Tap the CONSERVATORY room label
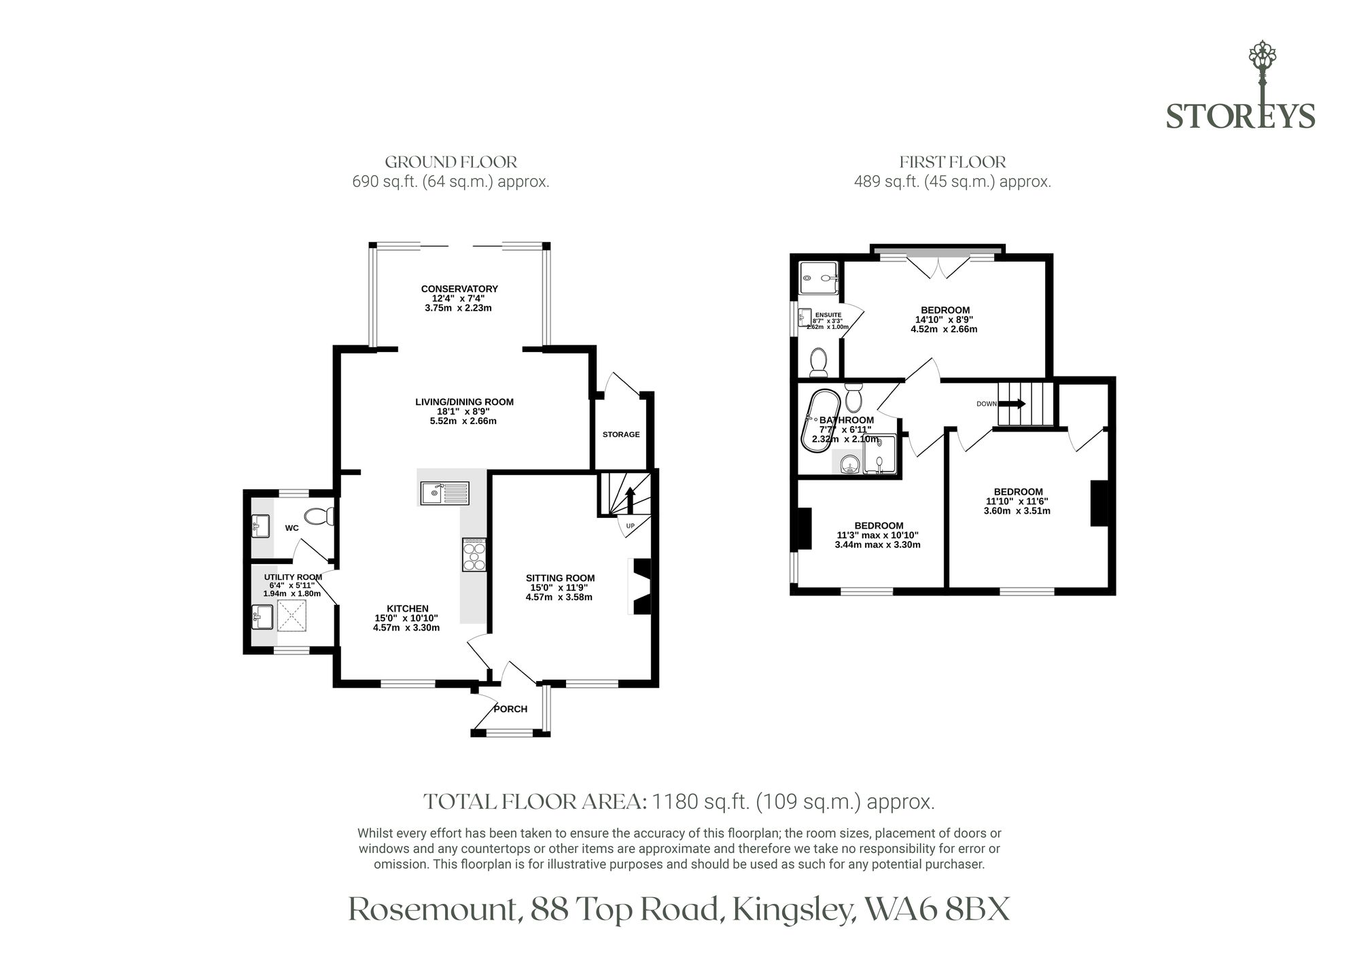point(459,289)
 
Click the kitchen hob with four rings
point(474,554)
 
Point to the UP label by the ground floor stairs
point(629,527)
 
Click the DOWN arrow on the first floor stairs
point(1012,403)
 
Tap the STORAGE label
point(621,434)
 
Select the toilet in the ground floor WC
point(319,517)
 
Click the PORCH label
point(510,709)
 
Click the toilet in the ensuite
point(819,362)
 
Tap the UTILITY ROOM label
point(293,577)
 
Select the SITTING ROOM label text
point(560,578)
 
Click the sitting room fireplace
point(641,587)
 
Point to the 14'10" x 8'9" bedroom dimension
point(944,319)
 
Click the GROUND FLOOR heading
point(451,162)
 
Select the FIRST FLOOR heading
point(953,162)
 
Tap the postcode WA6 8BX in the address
point(937,909)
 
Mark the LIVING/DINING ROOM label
point(464,402)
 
